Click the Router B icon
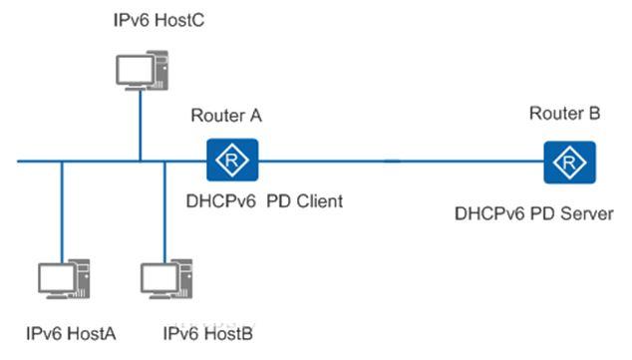(x=569, y=161)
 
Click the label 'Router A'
(x=225, y=116)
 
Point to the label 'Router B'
(x=564, y=115)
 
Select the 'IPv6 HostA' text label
(x=72, y=333)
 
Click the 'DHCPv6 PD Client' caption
(x=264, y=201)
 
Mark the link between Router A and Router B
(x=399, y=161)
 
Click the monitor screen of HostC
(x=133, y=69)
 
